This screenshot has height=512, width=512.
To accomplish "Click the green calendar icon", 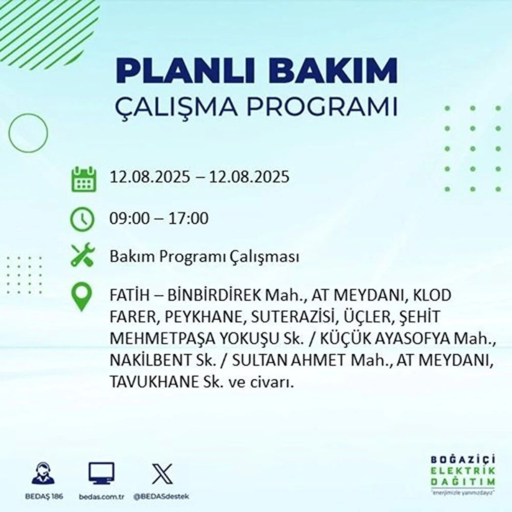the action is (84, 179).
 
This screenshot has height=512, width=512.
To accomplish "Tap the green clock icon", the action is (82, 219).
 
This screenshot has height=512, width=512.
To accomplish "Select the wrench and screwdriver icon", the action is (83, 255).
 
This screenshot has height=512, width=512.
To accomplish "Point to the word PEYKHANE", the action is (205, 317).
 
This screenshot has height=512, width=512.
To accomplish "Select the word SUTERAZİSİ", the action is (292, 317).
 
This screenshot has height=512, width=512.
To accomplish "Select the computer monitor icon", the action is (101, 473).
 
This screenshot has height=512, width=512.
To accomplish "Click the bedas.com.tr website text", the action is (102, 497).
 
